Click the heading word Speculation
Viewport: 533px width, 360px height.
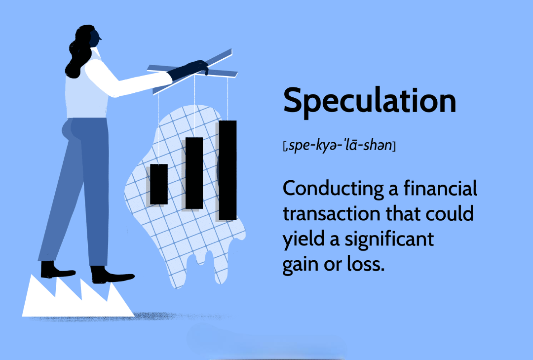370,101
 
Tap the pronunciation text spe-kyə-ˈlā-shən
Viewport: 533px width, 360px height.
340,146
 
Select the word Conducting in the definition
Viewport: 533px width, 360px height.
333,189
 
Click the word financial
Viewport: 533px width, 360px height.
440,189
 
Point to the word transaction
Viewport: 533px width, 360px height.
332,214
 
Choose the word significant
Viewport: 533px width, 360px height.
389,240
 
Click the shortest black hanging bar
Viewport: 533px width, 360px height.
159,184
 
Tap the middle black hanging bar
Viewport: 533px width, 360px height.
194,173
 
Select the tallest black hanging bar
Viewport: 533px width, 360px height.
228,170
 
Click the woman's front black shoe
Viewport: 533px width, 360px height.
112,276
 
